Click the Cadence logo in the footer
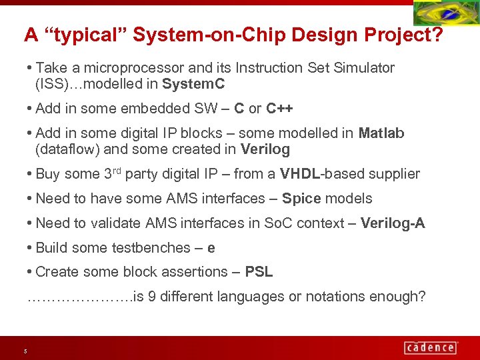click(x=430, y=347)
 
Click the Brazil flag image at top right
click(x=445, y=14)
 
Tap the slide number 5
click(x=25, y=351)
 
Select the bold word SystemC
click(x=193, y=84)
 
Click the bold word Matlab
click(x=381, y=133)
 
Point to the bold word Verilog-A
click(x=392, y=223)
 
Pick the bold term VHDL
click(x=300, y=174)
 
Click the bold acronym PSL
click(x=259, y=271)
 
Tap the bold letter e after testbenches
click(x=211, y=247)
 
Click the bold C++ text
click(x=279, y=108)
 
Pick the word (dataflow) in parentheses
click(x=68, y=149)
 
